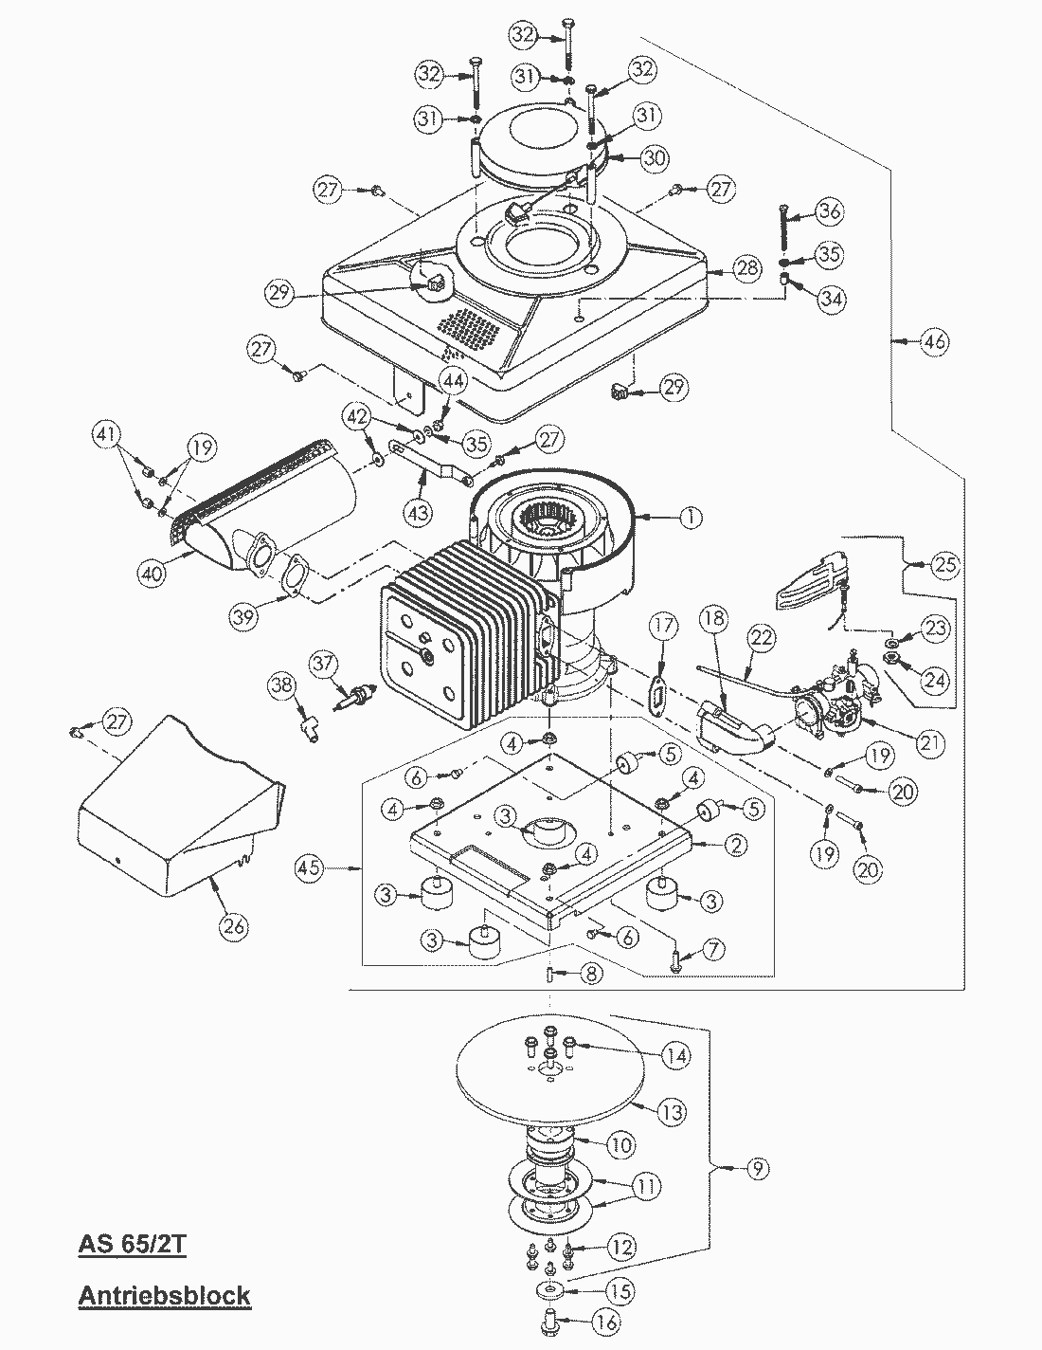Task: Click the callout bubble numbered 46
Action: click(933, 341)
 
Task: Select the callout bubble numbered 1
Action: click(690, 518)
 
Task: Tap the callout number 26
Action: click(233, 924)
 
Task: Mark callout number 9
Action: click(755, 1169)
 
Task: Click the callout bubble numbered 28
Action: click(746, 268)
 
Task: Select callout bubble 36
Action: click(829, 211)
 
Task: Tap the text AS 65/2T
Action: click(132, 1244)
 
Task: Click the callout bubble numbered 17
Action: click(663, 626)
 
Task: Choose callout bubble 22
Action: click(763, 640)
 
